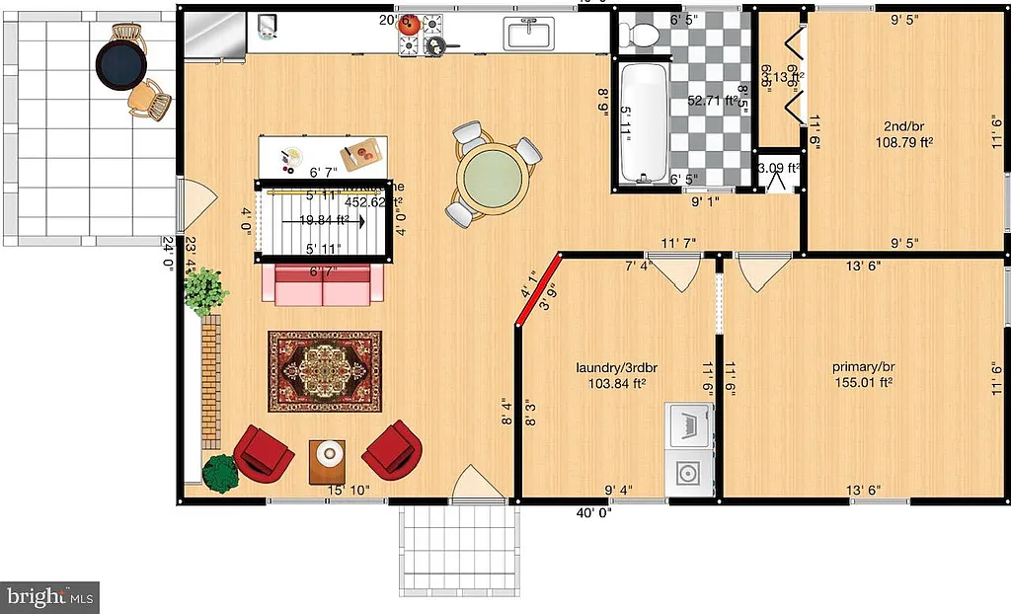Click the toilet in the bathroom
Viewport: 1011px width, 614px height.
click(645, 34)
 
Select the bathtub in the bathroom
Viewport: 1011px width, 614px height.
click(644, 123)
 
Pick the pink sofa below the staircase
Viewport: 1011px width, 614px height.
click(323, 284)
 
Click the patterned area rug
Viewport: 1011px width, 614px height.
click(325, 371)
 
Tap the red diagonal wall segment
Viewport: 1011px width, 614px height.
click(538, 289)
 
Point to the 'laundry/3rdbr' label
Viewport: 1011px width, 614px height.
click(617, 368)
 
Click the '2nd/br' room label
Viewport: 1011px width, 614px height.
click(902, 126)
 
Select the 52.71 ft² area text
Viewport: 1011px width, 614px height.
click(712, 101)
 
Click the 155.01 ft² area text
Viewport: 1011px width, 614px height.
click(863, 382)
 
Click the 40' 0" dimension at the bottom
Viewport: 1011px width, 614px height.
click(594, 512)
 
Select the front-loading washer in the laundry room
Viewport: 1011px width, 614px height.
click(688, 472)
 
